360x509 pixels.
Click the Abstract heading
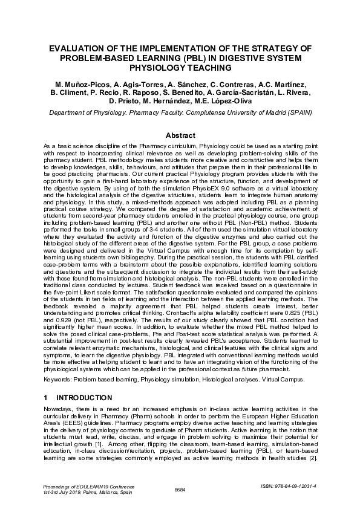(x=180, y=136)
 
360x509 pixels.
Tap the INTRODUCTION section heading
(x=84, y=398)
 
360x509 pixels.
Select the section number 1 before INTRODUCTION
(x=46, y=398)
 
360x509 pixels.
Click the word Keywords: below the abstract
(x=59, y=379)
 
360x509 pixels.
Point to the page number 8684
(x=180, y=489)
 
